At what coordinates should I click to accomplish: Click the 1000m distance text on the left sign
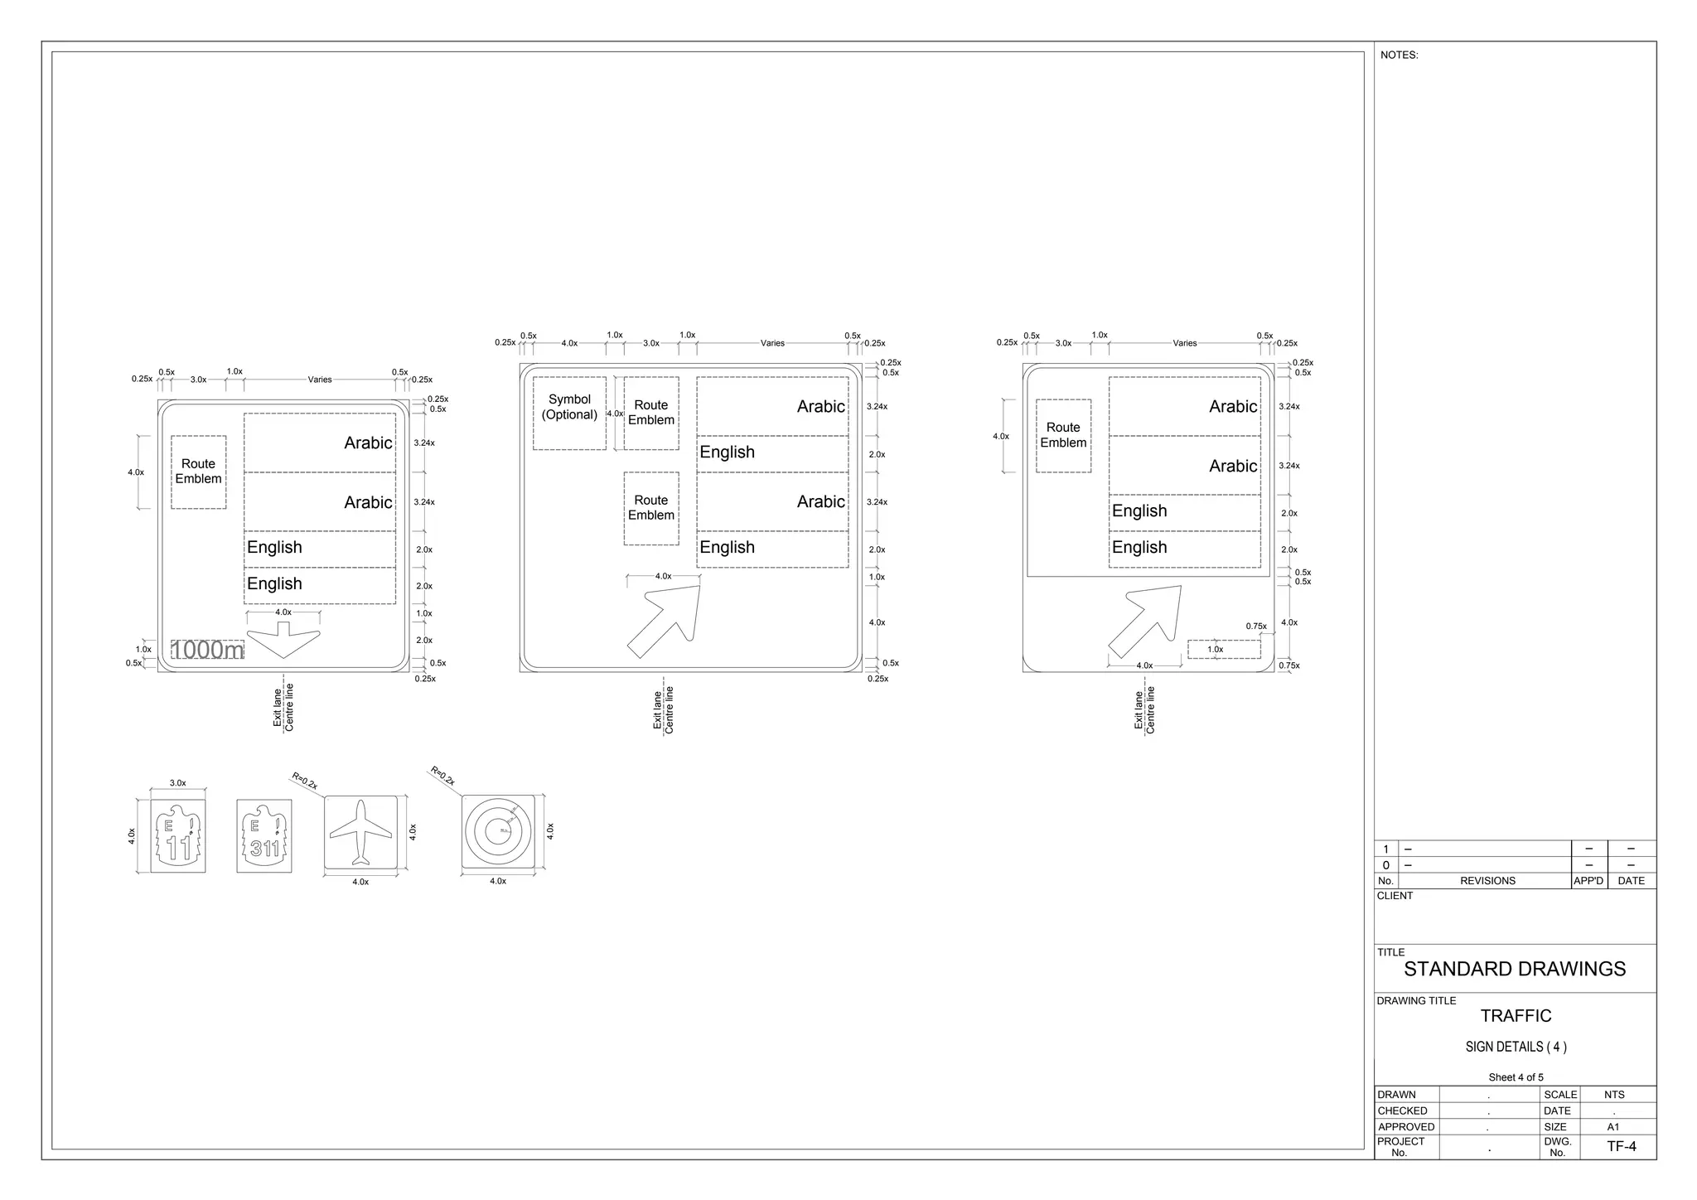click(x=207, y=650)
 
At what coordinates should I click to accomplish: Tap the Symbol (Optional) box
click(x=569, y=413)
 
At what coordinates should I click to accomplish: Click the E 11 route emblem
click(x=178, y=836)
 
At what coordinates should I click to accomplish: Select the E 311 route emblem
click(x=264, y=836)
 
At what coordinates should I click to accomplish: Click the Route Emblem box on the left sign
click(x=199, y=472)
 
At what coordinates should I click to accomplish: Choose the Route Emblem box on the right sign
click(x=1063, y=435)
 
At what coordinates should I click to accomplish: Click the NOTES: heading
click(x=1399, y=56)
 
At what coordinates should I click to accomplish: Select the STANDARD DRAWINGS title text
click(x=1515, y=969)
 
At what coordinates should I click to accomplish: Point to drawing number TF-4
click(x=1622, y=1147)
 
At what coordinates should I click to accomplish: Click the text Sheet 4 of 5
click(x=1516, y=1077)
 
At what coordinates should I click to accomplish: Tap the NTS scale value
click(x=1614, y=1095)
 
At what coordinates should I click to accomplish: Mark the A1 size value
click(x=1613, y=1127)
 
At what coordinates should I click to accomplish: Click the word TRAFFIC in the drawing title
click(x=1516, y=1016)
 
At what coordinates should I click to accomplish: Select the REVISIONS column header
click(x=1487, y=881)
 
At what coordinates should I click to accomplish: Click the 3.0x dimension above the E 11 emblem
click(x=178, y=783)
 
